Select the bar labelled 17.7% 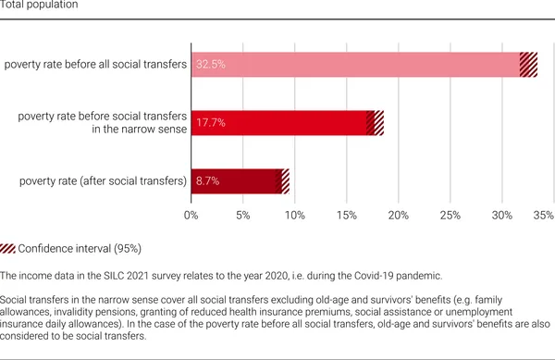[x=278, y=122]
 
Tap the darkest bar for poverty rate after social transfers [x=236, y=180]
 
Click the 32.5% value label [x=210, y=65]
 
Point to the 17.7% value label [x=210, y=122]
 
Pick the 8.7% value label [x=207, y=180]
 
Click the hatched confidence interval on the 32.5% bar [x=528, y=65]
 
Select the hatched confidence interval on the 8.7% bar [x=285, y=180]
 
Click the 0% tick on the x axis [x=191, y=216]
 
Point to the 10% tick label [x=294, y=216]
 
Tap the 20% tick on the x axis [x=399, y=216]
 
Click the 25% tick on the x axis [x=450, y=216]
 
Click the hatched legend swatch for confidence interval [x=8, y=249]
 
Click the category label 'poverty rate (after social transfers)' [x=102, y=180]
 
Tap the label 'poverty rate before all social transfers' [x=95, y=65]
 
